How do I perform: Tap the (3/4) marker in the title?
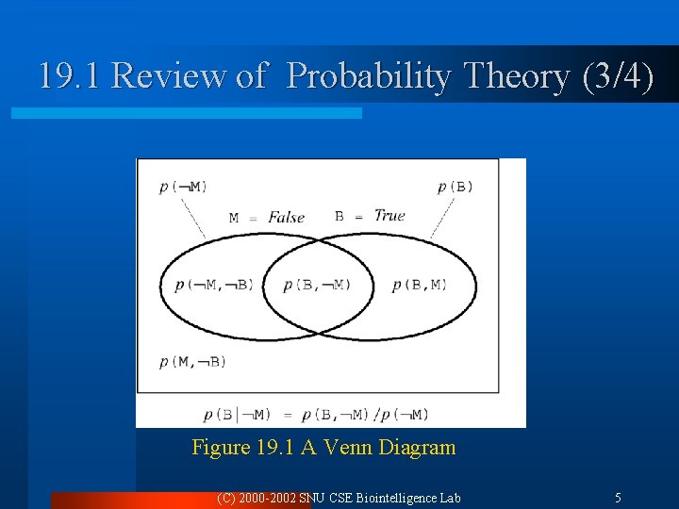[x=619, y=76]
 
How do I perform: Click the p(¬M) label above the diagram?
[x=184, y=187]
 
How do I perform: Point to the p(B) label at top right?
[x=455, y=187]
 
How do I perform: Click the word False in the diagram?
[x=287, y=217]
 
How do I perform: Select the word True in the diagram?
[x=389, y=216]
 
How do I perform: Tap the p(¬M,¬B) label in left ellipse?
[x=214, y=285]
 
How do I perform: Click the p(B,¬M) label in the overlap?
[x=317, y=285]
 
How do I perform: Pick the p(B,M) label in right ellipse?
[x=420, y=285]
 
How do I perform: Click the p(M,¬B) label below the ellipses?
[x=193, y=361]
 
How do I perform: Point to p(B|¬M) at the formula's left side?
[x=237, y=414]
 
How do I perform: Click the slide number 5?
[x=618, y=498]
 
